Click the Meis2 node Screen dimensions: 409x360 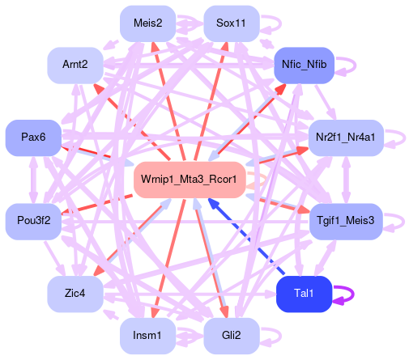pyautogui.click(x=148, y=23)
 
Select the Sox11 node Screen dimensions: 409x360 pyautogui.click(x=232, y=23)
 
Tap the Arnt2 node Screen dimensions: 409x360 pyautogui.click(x=75, y=66)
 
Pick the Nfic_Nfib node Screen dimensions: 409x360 pyautogui.click(x=304, y=66)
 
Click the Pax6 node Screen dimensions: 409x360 pyautogui.click(x=33, y=138)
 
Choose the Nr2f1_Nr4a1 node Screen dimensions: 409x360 pyautogui.click(x=346, y=138)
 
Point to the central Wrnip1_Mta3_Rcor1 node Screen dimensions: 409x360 pyautogui.click(x=190, y=180)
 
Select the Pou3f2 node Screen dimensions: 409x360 pyautogui.click(x=33, y=222)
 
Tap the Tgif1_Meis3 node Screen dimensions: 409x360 pyautogui.click(x=346, y=222)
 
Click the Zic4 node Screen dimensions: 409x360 pyautogui.click(x=75, y=294)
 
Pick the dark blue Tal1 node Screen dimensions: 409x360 pyautogui.click(x=304, y=294)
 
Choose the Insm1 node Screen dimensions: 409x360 pyautogui.click(x=148, y=336)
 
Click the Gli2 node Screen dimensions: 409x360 pyautogui.click(x=232, y=336)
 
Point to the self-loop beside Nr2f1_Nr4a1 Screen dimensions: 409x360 pyautogui.click(x=404, y=138)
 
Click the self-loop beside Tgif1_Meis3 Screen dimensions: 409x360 pyautogui.click(x=403, y=222)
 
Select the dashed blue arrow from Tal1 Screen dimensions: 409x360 pyautogui.click(x=246, y=237)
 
